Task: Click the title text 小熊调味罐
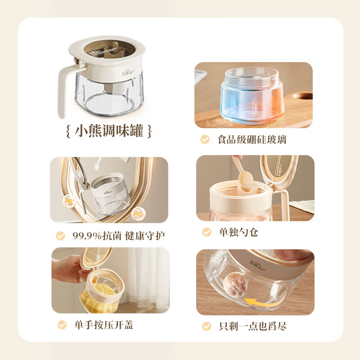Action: coord(108,131)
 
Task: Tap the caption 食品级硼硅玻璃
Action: coord(252,139)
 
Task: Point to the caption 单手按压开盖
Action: coord(103,325)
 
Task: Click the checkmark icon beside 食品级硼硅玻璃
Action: coord(205,139)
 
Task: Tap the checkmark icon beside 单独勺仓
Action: coord(207,232)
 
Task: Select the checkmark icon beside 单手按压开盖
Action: coord(62,325)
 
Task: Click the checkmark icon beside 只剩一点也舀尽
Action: coord(207,326)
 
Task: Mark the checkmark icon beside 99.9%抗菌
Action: coord(60,236)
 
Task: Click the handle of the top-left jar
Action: coord(64,90)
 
